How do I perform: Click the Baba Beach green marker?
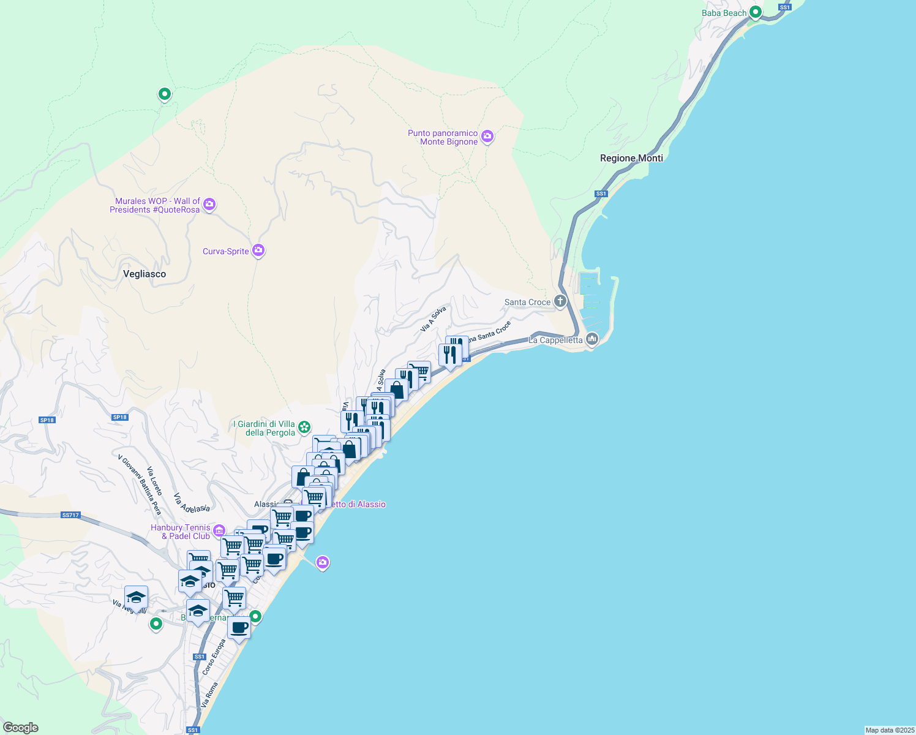[x=756, y=12]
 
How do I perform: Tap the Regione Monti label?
[x=631, y=158]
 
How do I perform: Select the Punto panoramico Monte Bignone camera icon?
[x=487, y=137]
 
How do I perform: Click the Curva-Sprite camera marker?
[x=258, y=250]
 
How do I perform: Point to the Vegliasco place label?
[x=145, y=274]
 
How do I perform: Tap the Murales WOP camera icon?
[x=209, y=204]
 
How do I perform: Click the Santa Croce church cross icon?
[x=560, y=301]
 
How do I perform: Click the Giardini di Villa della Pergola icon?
[x=304, y=426]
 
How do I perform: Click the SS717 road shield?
[x=70, y=515]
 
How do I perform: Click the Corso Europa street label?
[x=214, y=657]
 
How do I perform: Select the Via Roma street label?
[x=209, y=695]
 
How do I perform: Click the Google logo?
[x=20, y=728]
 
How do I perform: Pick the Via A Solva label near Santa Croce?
[x=433, y=319]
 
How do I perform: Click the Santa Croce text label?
[x=527, y=302]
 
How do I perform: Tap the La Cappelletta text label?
[x=556, y=340]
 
